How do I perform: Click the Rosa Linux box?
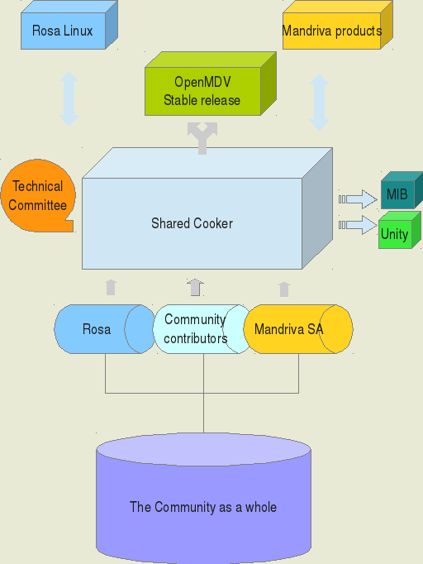(69, 25)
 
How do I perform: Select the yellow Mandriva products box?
(338, 25)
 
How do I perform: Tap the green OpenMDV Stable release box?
(211, 84)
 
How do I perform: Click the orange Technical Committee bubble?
(38, 195)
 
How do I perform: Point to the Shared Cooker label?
(192, 223)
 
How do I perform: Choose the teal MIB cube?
(402, 190)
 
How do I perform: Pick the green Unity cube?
(400, 230)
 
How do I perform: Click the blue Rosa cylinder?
(105, 329)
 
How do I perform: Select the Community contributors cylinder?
(202, 329)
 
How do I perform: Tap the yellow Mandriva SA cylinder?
(298, 329)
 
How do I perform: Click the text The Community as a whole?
(203, 507)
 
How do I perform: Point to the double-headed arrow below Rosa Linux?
(69, 99)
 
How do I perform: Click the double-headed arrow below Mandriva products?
(319, 103)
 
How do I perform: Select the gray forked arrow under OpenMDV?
(202, 138)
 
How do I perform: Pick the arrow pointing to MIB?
(358, 199)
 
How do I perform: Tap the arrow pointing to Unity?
(358, 225)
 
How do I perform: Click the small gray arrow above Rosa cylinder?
(112, 288)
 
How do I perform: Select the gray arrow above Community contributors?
(196, 288)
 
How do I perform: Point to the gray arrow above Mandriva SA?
(284, 289)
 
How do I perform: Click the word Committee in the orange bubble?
(38, 205)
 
